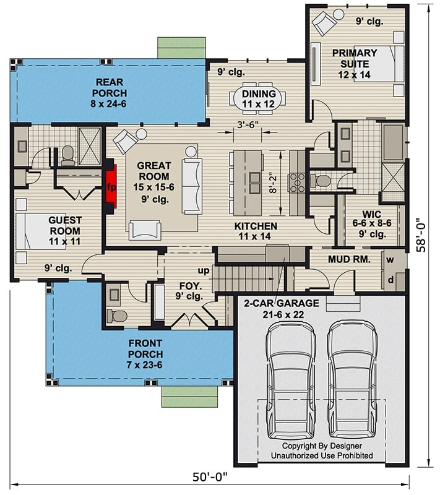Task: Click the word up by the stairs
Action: pos(202,270)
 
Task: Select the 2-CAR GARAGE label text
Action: pos(282,303)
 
